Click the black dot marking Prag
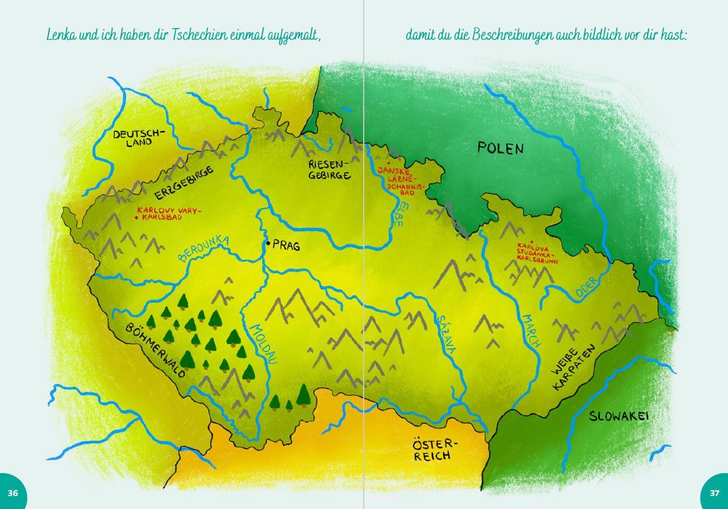tap(269, 243)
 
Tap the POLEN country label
tap(501, 148)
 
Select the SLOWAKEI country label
tap(618, 417)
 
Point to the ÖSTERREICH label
tap(435, 450)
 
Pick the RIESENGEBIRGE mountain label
tap(330, 169)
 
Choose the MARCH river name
tap(531, 330)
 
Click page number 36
tap(13, 493)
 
